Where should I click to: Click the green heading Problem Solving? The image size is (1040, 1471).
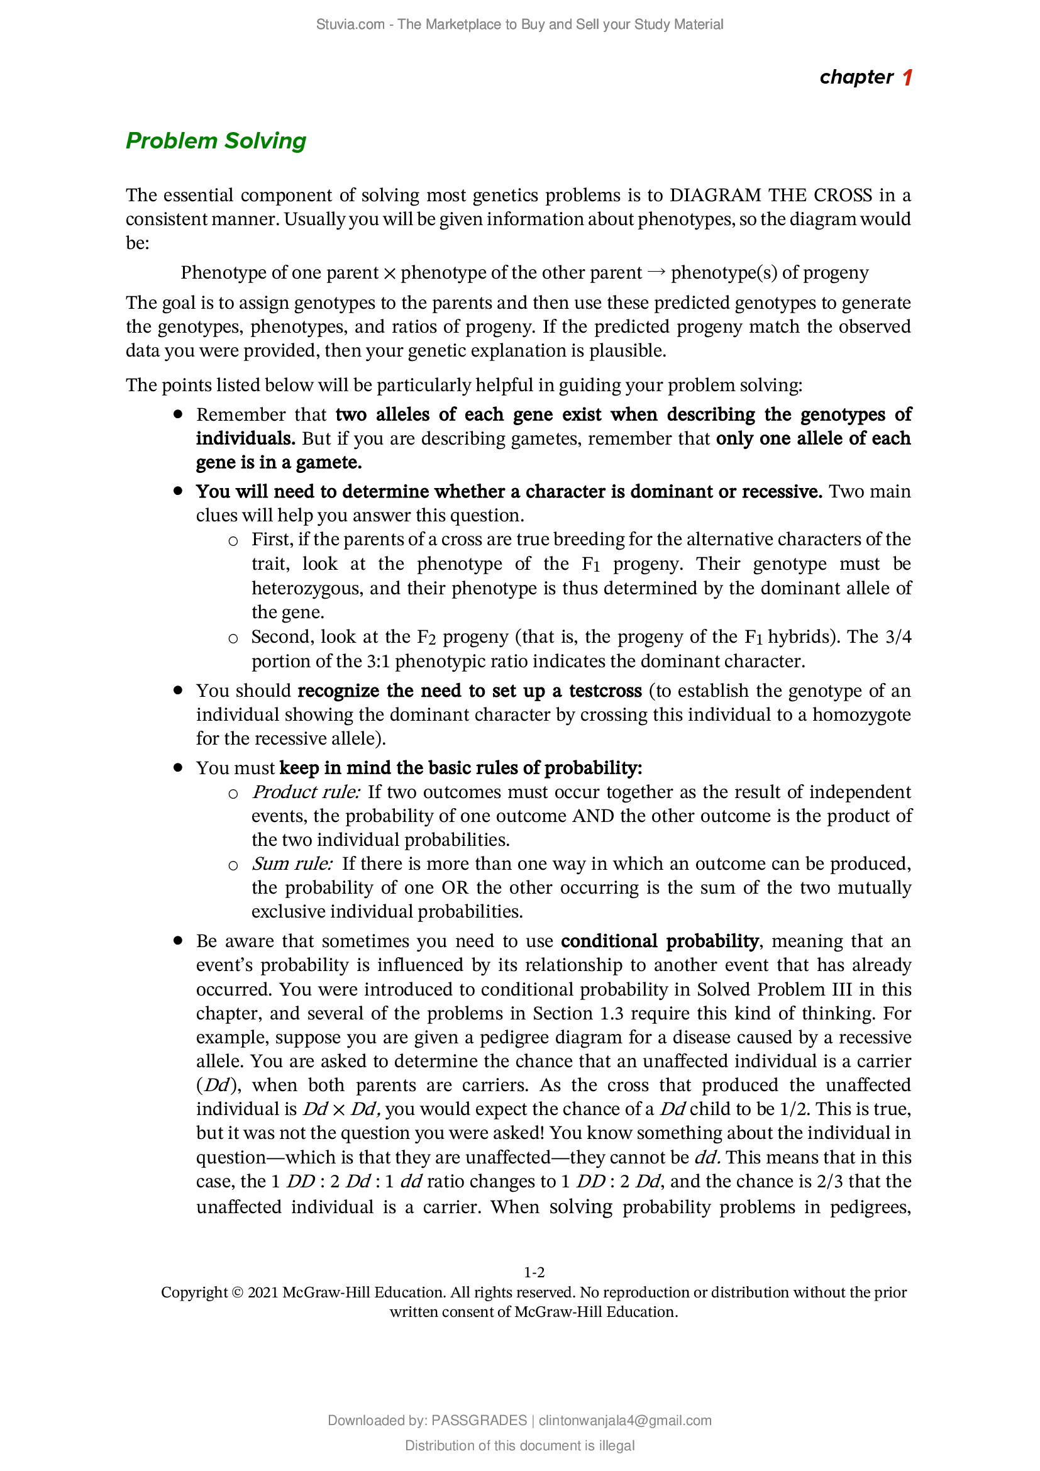(x=216, y=140)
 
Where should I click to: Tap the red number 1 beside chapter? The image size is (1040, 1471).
(x=907, y=77)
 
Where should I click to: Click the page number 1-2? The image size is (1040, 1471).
(x=534, y=1272)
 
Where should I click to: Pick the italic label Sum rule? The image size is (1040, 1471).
(x=292, y=863)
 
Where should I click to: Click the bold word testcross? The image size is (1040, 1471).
(x=605, y=691)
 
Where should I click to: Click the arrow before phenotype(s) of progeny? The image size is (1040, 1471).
(x=656, y=272)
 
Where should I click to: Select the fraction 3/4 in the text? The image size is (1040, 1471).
(x=898, y=637)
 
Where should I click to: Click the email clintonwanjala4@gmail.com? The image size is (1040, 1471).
(x=625, y=1421)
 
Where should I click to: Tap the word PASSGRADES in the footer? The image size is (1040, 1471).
(x=479, y=1421)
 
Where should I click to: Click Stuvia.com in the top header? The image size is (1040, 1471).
(x=350, y=25)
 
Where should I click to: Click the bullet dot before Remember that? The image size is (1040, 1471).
(x=179, y=414)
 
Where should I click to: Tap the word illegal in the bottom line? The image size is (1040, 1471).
(x=617, y=1445)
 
